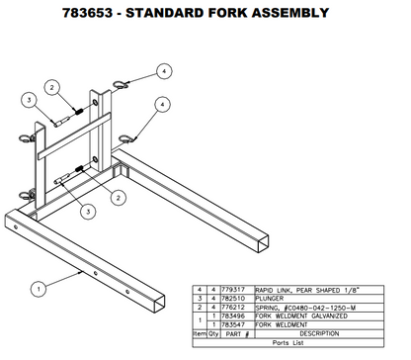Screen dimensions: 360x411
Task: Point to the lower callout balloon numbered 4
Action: click(159, 105)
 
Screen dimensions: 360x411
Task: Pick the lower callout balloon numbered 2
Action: click(118, 197)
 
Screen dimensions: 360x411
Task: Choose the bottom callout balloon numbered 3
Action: click(88, 211)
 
